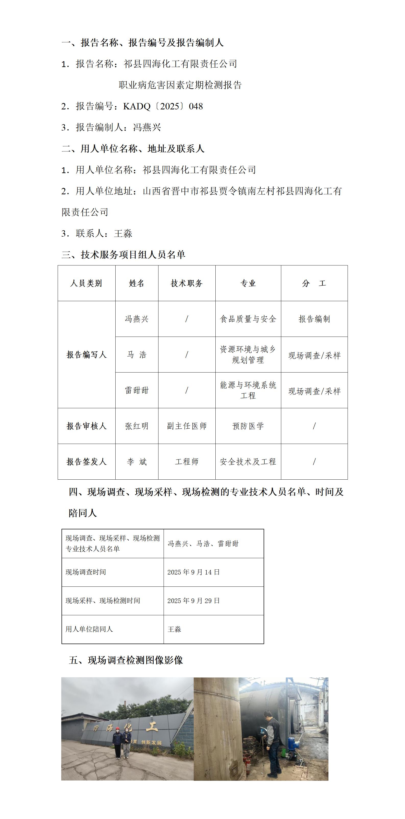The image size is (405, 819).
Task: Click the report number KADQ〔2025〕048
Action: pos(163,106)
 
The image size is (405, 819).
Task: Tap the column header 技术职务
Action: pos(187,283)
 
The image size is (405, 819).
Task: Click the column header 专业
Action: pos(248,283)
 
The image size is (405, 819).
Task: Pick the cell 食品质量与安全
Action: pos(248,319)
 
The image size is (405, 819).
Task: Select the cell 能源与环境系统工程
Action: pos(248,390)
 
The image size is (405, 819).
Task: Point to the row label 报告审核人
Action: pos(86,426)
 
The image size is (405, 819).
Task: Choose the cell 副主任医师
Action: pos(187,426)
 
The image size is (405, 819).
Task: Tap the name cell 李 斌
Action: pos(137,462)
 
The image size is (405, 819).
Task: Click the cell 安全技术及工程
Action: pos(248,462)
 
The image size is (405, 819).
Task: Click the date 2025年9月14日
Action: pos(193,572)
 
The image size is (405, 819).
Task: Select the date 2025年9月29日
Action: pos(193,600)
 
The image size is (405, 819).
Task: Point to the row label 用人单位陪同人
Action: pos(89,629)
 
